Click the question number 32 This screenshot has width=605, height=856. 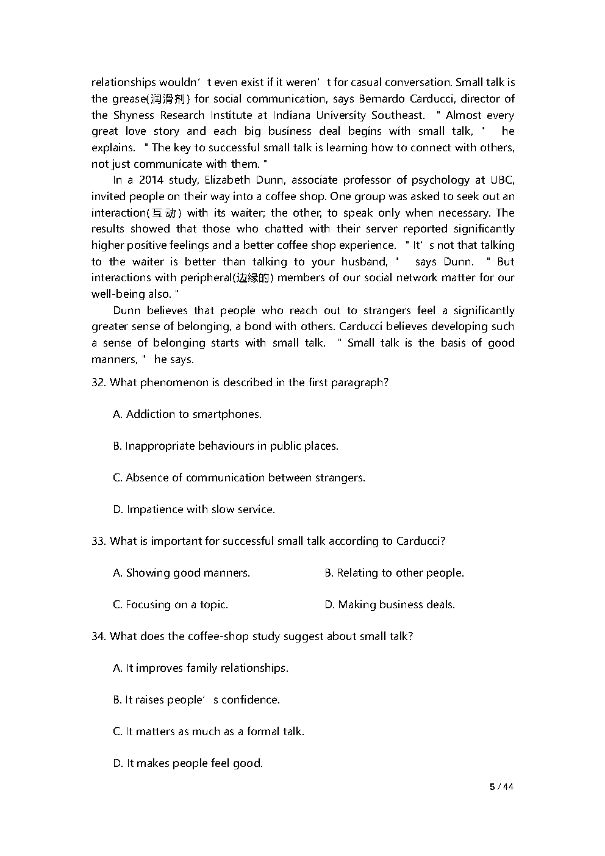point(98,383)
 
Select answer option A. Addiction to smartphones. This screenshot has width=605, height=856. point(187,414)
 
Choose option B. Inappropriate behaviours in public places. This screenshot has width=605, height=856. point(226,446)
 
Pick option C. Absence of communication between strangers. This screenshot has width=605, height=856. point(239,478)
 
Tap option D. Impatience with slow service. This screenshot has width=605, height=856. point(194,509)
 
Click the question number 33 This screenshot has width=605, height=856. point(98,541)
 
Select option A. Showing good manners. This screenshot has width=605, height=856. point(182,573)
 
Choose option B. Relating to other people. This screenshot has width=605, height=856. point(394,573)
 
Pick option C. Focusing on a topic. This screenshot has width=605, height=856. point(170,605)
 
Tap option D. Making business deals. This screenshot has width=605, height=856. point(390,605)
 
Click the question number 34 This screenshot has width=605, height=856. point(98,636)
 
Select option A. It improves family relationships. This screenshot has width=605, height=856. point(201,668)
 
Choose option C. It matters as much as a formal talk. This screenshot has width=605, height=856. point(209,732)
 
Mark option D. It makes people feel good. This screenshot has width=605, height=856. point(188,763)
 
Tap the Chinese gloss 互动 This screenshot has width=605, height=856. point(164,213)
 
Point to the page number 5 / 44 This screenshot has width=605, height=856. point(502,787)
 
